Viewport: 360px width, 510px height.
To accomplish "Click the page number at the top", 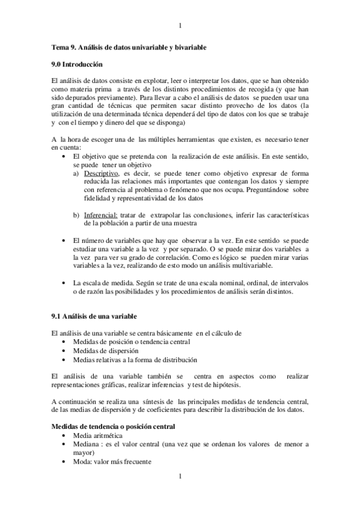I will pos(180,25).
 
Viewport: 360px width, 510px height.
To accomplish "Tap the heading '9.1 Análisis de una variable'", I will pos(94,316).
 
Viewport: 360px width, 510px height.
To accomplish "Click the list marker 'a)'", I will pos(76,172).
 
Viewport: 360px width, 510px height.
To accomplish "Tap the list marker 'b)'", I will pos(76,215).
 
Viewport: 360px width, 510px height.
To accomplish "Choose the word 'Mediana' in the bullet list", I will pos(87,444).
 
